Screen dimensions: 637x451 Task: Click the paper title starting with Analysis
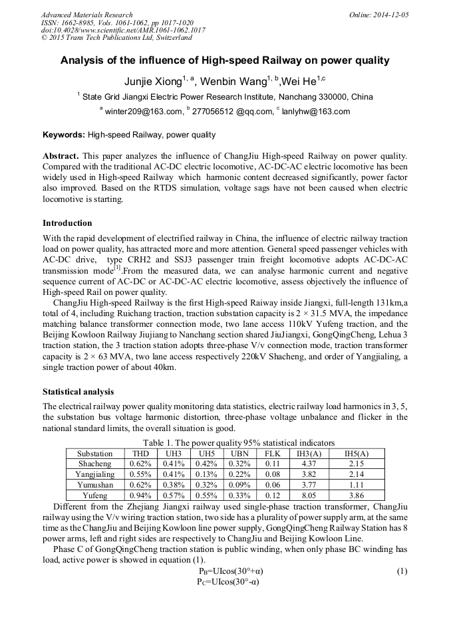(x=225, y=60)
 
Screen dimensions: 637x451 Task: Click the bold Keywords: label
(x=64, y=135)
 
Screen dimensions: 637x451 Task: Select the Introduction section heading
(x=67, y=223)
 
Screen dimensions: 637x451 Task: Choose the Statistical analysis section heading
(x=78, y=391)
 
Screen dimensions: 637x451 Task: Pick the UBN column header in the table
(x=236, y=453)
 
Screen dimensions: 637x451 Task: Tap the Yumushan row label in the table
(x=95, y=485)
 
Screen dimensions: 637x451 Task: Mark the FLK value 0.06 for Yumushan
(x=271, y=485)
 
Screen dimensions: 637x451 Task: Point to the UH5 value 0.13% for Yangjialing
(x=206, y=474)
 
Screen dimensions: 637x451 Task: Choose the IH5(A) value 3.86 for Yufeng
(x=356, y=496)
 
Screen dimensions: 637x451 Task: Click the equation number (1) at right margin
(x=401, y=571)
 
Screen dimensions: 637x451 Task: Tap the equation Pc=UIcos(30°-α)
(x=229, y=582)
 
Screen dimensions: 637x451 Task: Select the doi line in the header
(x=122, y=30)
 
